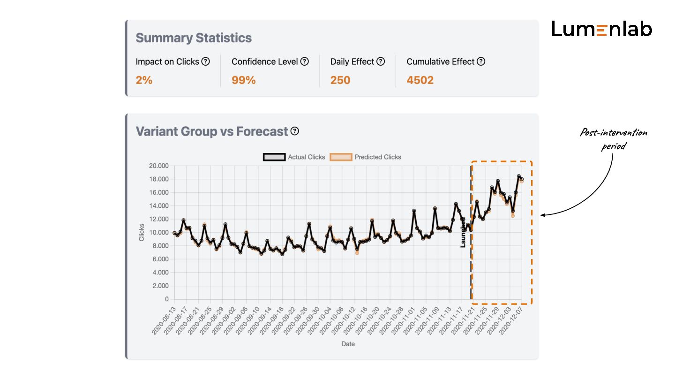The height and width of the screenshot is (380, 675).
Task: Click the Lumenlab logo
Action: pyautogui.click(x=601, y=29)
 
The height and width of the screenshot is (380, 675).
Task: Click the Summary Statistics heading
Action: pyautogui.click(x=194, y=38)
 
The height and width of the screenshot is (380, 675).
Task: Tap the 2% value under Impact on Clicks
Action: pyautogui.click(x=144, y=80)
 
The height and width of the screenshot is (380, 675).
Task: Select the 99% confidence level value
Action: pyautogui.click(x=244, y=80)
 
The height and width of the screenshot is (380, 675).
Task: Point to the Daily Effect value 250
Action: pyautogui.click(x=340, y=80)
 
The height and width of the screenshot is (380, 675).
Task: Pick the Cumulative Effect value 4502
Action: pyautogui.click(x=420, y=80)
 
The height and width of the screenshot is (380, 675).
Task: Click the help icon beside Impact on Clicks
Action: pyautogui.click(x=205, y=61)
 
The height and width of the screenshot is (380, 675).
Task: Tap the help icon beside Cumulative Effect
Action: pyautogui.click(x=481, y=61)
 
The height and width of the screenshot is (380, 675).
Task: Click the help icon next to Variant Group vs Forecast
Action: pyautogui.click(x=294, y=131)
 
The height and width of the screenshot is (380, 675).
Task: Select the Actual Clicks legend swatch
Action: pyautogui.click(x=274, y=157)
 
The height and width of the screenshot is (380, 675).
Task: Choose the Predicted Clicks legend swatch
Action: pyautogui.click(x=341, y=157)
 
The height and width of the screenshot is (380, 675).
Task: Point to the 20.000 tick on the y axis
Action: pyautogui.click(x=159, y=166)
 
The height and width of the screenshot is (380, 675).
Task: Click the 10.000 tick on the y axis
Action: pyautogui.click(x=159, y=232)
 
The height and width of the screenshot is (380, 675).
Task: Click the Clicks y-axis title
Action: pyautogui.click(x=142, y=232)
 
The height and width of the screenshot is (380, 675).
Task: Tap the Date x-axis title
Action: pyautogui.click(x=348, y=344)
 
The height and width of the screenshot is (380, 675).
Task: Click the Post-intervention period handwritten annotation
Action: pyautogui.click(x=613, y=139)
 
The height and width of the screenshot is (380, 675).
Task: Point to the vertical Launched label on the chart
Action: pyautogui.click(x=463, y=232)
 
